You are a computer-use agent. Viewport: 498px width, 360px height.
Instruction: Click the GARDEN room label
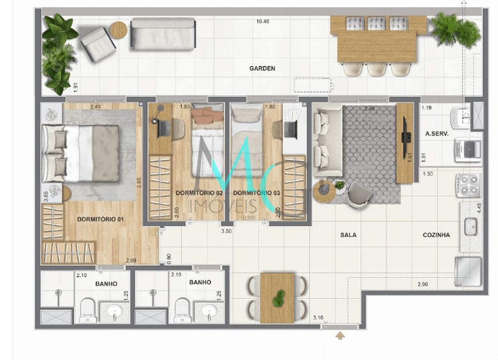pyautogui.click(x=262, y=69)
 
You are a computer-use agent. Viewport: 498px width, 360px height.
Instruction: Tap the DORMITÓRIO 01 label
pyautogui.click(x=100, y=219)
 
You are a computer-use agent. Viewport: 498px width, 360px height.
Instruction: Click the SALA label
pyautogui.click(x=348, y=235)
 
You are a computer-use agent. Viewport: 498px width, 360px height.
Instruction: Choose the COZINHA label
pyautogui.click(x=436, y=235)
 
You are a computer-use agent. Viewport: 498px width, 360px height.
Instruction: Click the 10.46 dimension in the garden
pyautogui.click(x=263, y=21)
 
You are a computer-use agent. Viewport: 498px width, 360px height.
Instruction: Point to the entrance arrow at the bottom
pyautogui.click(x=340, y=336)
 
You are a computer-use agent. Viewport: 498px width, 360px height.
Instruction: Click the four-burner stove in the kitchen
pyautogui.click(x=468, y=185)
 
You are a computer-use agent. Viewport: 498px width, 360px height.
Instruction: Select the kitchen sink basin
pyautogui.click(x=470, y=227)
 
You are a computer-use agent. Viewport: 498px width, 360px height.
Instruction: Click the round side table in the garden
pyautogui.click(x=118, y=30)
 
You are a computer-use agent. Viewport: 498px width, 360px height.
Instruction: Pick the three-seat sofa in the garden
pyautogui.click(x=163, y=34)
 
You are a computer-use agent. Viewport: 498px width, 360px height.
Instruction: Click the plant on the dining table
pyautogui.click(x=278, y=298)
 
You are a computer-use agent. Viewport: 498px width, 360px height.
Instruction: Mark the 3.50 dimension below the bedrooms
pyautogui.click(x=226, y=232)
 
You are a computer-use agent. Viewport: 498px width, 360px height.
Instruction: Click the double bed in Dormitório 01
pyautogui.click(x=81, y=153)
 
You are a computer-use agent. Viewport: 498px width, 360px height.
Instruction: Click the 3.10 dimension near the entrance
pyautogui.click(x=319, y=318)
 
